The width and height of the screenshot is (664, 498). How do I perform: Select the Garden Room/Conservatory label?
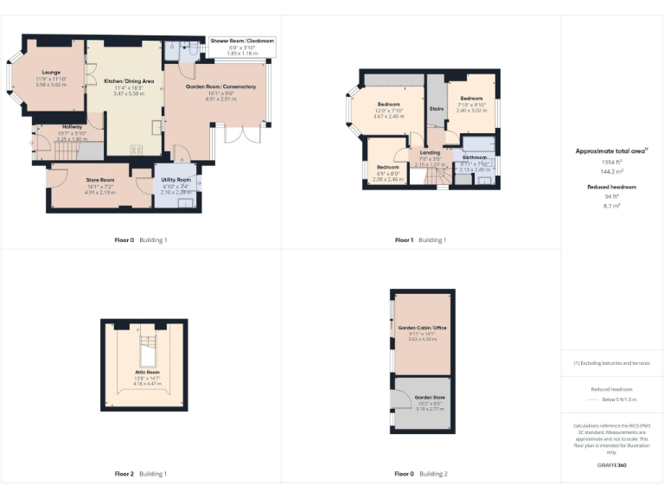[x=220, y=87]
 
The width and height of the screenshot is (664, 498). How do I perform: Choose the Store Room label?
[x=100, y=180]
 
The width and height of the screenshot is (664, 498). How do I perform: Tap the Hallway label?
[x=72, y=127]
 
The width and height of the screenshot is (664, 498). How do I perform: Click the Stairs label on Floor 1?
[x=437, y=110]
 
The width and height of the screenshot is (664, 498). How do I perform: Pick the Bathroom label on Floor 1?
[x=475, y=158]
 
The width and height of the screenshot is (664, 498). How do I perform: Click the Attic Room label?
[x=146, y=373]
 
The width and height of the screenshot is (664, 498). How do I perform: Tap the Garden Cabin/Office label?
[x=422, y=328]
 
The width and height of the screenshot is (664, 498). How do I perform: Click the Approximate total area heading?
[x=611, y=150]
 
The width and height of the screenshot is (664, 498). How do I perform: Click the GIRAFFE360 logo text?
[x=611, y=466]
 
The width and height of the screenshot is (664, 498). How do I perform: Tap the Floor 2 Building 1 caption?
[x=141, y=474]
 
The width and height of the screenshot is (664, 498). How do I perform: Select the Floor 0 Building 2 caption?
[x=421, y=474]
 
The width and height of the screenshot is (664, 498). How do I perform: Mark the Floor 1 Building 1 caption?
[x=421, y=239]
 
